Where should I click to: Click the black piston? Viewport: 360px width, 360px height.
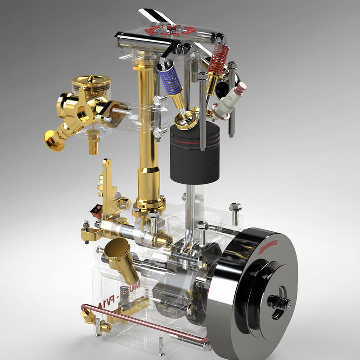[194, 155]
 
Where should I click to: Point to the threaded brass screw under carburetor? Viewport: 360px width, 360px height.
[93, 143]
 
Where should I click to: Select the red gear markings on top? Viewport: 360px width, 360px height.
[171, 31]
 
